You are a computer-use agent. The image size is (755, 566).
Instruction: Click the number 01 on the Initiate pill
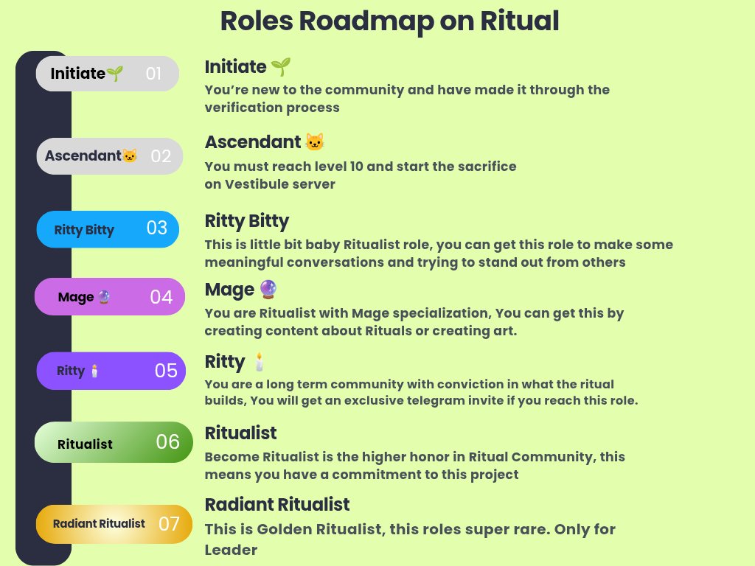[153, 74]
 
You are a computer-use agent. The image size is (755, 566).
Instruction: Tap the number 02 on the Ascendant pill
[161, 156]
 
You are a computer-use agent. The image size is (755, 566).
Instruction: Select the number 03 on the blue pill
[157, 228]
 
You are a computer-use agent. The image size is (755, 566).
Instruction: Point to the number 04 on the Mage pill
[161, 297]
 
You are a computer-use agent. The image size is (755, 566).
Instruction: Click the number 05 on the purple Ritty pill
[166, 370]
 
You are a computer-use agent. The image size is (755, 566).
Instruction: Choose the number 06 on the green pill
[168, 441]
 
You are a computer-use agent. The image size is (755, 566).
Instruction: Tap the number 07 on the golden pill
[169, 524]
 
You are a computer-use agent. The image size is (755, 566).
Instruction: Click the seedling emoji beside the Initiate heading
[281, 67]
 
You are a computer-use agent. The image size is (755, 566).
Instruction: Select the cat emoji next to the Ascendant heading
[315, 142]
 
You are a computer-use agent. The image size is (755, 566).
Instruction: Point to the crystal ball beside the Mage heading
[269, 290]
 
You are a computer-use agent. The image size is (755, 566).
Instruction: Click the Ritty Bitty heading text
[246, 221]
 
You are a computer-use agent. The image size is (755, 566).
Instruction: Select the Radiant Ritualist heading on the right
[276, 505]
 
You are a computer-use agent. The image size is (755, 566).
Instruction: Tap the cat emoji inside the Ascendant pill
[130, 156]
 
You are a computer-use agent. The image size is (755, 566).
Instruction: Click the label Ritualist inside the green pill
[85, 444]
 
